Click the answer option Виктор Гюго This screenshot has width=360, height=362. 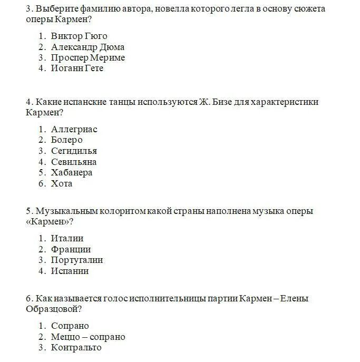click(79, 36)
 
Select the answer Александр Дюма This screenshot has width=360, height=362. click(87, 47)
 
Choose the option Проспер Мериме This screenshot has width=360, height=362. click(88, 57)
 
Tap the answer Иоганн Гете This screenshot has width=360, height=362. click(77, 69)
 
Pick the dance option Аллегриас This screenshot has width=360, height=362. click(74, 129)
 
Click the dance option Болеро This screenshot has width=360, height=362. click(67, 140)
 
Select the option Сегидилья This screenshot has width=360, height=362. click(74, 151)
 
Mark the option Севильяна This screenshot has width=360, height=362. click(74, 162)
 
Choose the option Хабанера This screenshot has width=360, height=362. click(72, 173)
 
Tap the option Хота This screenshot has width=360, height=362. click(62, 184)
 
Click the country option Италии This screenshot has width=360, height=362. click(67, 238)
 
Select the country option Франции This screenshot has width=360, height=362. click(71, 249)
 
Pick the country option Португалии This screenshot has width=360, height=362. click(77, 260)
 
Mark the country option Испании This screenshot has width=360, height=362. click(70, 271)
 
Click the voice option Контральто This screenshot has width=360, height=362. click(76, 348)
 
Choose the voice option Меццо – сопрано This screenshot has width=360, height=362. click(88, 337)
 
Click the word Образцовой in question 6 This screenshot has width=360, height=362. click(52, 309)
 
